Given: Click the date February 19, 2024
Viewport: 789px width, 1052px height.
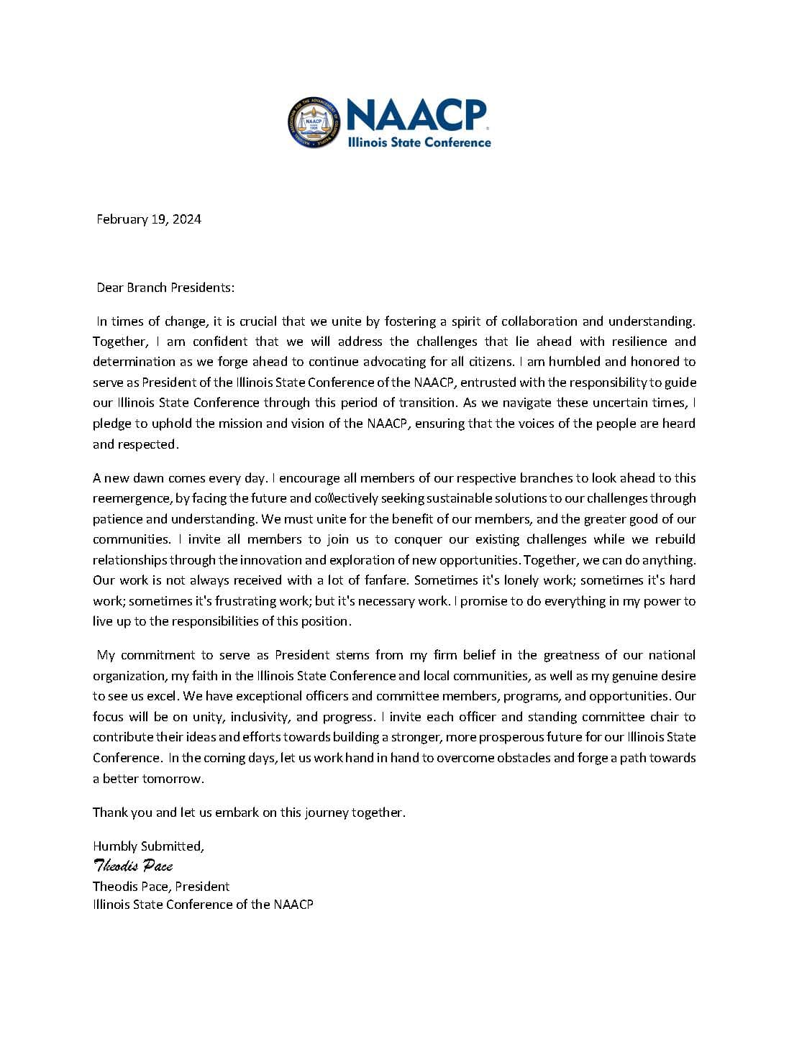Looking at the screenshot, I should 149,219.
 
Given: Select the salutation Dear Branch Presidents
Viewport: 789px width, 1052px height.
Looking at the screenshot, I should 165,288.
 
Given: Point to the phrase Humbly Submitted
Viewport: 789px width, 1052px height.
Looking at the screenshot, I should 148,846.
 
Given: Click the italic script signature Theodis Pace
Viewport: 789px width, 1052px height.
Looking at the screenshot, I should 133,866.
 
